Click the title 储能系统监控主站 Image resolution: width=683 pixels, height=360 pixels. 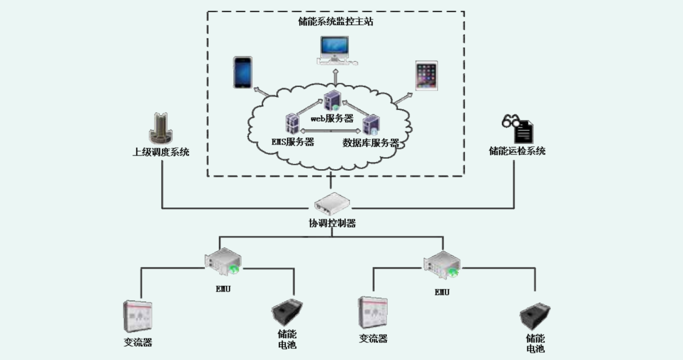pyautogui.click(x=335, y=21)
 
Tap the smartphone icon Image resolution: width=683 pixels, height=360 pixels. pyautogui.click(x=242, y=72)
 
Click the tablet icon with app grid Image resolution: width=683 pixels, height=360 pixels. pyautogui.click(x=426, y=75)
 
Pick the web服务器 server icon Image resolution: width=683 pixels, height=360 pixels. pyautogui.click(x=332, y=101)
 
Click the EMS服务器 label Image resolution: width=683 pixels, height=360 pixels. pyautogui.click(x=293, y=142)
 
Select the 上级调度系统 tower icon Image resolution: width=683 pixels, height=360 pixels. pyautogui.click(x=161, y=128)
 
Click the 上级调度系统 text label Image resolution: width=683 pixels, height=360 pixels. pyautogui.click(x=161, y=152)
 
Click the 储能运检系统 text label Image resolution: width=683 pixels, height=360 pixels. pyautogui.click(x=517, y=151)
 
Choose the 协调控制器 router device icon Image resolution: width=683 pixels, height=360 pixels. pyautogui.click(x=332, y=203)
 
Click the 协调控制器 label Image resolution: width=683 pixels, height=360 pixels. pyautogui.click(x=332, y=223)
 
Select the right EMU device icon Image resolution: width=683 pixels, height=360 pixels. pyautogui.click(x=442, y=264)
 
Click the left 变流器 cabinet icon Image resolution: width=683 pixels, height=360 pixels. pyautogui.click(x=138, y=317)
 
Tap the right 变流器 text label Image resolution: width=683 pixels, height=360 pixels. pyautogui.click(x=373, y=339)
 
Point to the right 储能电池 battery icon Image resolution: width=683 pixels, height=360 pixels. pyautogui.click(x=534, y=317)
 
